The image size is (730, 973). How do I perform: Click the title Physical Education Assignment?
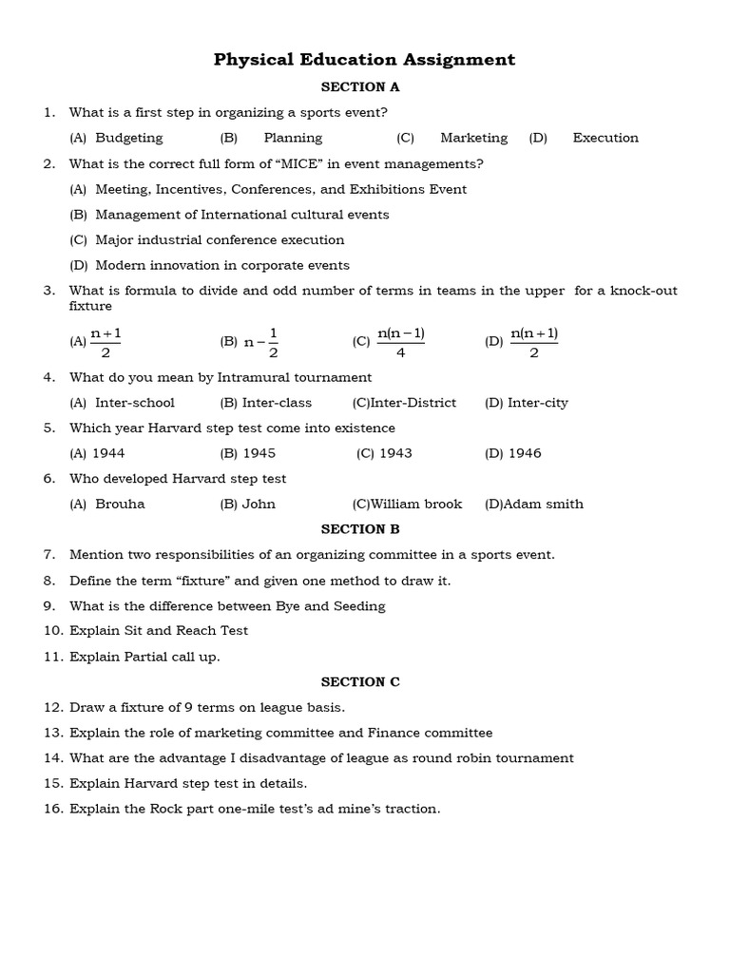(364, 60)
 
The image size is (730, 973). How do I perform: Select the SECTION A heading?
(360, 87)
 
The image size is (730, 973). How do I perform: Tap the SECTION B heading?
(360, 529)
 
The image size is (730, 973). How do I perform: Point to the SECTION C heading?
(360, 682)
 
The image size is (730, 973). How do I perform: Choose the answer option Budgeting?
(129, 138)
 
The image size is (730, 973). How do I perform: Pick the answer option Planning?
(294, 138)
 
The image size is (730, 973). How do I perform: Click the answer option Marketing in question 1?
(473, 138)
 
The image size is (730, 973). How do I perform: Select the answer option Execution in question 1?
(605, 138)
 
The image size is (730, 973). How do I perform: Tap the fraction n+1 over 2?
(106, 341)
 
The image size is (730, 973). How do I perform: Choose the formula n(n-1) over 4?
(401, 341)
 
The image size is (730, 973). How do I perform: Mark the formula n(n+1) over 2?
(534, 341)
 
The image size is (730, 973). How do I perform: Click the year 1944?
(108, 453)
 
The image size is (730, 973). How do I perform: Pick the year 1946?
(525, 453)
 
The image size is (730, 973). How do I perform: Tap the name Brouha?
(120, 505)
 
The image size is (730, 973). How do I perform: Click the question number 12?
(52, 708)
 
